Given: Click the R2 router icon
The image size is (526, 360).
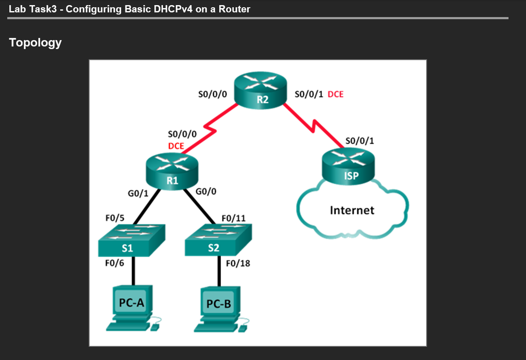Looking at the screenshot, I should [260, 90].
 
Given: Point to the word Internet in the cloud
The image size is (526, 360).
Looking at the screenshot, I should [352, 210].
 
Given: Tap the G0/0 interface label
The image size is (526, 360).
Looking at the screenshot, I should [206, 191].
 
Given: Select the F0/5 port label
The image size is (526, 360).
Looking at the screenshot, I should [115, 218].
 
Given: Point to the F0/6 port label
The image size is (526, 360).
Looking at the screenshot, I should [114, 263].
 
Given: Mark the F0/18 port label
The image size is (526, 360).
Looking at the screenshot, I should [238, 263].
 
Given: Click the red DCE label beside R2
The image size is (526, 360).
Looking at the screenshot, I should [335, 94].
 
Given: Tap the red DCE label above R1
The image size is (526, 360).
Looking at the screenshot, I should [176, 146].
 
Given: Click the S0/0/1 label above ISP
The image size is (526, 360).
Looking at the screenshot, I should [360, 140].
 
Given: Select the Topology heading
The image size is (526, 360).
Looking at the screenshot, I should [35, 43].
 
